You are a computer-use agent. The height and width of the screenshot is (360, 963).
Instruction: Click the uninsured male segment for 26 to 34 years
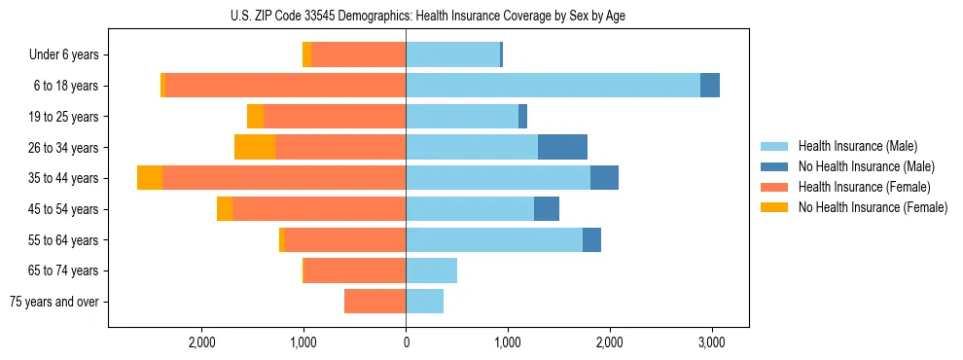click(562, 147)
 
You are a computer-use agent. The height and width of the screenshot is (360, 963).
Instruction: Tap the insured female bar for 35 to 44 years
click(283, 178)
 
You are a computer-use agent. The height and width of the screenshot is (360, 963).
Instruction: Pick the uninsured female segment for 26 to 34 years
click(255, 147)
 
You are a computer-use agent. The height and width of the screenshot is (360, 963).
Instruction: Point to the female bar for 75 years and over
click(374, 302)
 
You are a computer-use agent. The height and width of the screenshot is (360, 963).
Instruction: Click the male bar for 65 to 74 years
click(431, 270)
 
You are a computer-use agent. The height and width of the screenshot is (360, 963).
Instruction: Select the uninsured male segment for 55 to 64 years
click(591, 239)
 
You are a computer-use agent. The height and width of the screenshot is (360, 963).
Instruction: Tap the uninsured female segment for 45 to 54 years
click(225, 209)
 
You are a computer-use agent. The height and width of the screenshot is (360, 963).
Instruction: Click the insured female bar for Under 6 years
click(358, 54)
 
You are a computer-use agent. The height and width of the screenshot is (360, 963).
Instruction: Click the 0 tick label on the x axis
click(406, 342)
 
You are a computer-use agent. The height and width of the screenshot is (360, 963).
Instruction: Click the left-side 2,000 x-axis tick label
click(202, 342)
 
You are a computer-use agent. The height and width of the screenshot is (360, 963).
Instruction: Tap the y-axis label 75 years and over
click(54, 302)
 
